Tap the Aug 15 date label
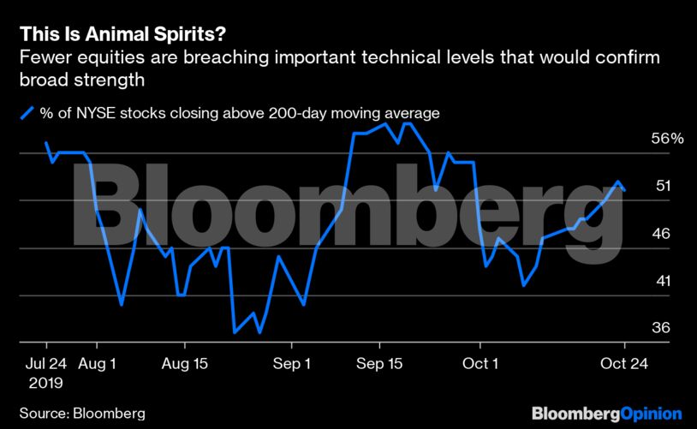[x=186, y=364]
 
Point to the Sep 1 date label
[x=292, y=364]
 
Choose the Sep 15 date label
[x=380, y=364]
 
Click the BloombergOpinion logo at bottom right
[x=606, y=413]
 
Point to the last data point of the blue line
[x=625, y=190]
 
